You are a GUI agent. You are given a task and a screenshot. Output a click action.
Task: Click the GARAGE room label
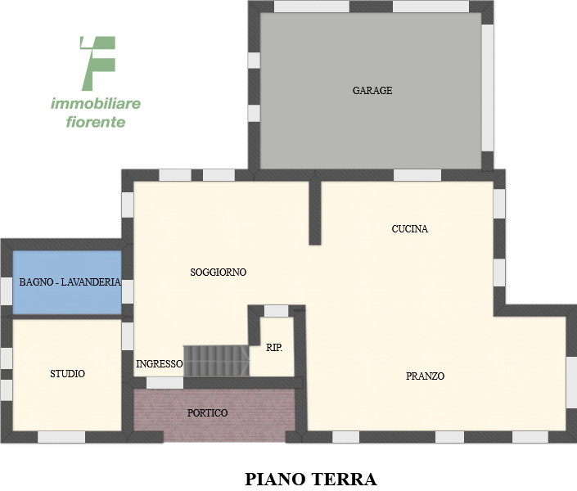(x=372, y=91)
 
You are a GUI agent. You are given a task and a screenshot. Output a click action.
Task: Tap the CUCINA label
(x=410, y=229)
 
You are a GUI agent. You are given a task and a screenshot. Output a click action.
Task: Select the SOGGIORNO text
(x=219, y=273)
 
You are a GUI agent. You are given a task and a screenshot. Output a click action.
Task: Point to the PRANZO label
(x=425, y=376)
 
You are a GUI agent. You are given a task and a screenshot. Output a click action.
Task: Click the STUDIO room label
(x=68, y=374)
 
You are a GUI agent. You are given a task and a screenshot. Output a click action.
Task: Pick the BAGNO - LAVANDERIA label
(x=70, y=282)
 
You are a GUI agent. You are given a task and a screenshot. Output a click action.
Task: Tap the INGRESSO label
(x=160, y=363)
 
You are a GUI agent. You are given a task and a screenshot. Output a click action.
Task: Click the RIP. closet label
(x=275, y=348)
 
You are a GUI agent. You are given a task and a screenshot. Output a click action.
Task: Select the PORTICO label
(x=208, y=413)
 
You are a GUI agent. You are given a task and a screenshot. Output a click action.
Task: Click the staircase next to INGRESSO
(x=216, y=360)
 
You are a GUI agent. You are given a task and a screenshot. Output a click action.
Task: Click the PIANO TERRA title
(x=310, y=479)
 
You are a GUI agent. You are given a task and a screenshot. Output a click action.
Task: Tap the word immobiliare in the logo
(x=96, y=104)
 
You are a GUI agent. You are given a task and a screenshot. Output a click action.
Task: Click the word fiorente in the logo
(x=96, y=123)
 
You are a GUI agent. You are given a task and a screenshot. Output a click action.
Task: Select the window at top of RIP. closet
(x=277, y=311)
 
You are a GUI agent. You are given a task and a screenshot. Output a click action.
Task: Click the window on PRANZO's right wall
(x=571, y=381)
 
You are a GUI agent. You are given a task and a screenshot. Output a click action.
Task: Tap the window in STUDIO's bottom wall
(x=61, y=437)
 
